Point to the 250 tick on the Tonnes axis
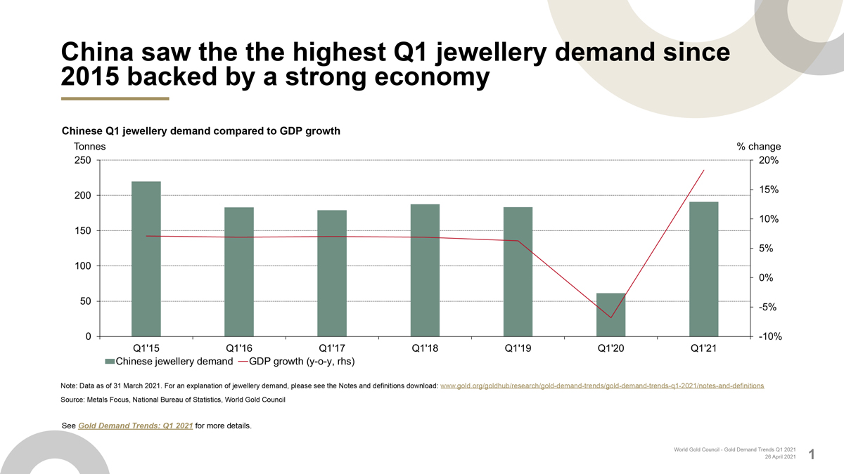tap(83, 161)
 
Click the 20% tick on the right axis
tap(768, 161)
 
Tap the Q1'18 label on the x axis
tap(425, 348)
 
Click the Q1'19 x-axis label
tap(518, 348)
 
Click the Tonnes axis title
tap(90, 147)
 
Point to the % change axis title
tap(758, 147)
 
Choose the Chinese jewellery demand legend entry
tap(169, 362)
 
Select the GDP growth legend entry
tap(295, 362)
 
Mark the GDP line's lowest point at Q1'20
tap(610, 317)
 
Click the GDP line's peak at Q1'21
tap(703, 171)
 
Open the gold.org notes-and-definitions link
tap(601, 386)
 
